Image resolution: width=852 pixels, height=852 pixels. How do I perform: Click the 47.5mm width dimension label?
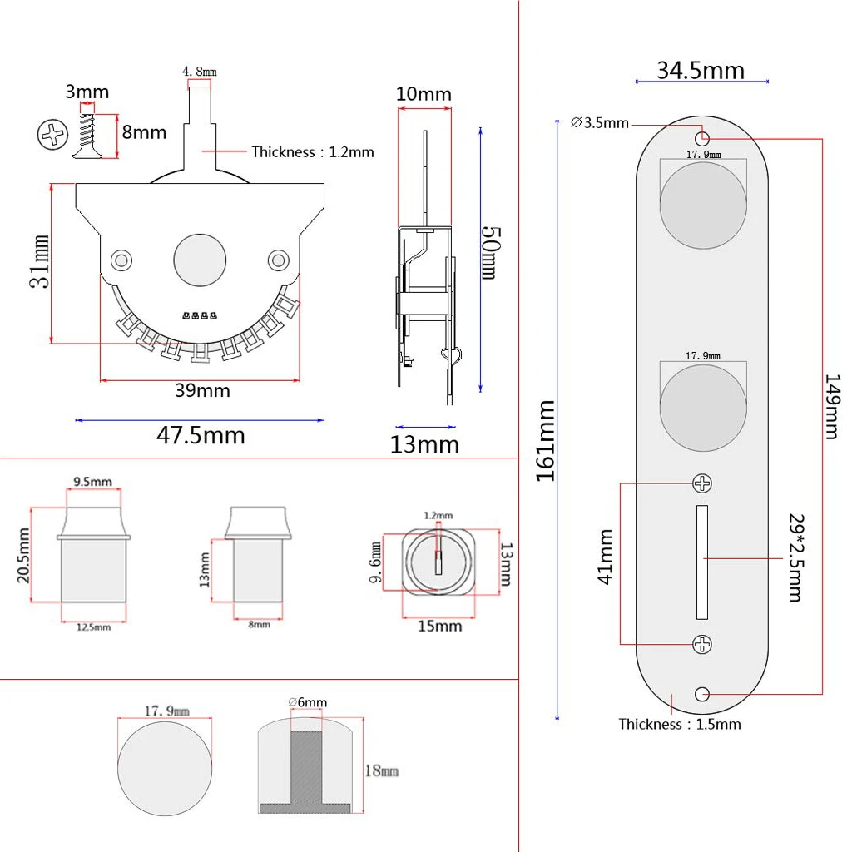pos(201,434)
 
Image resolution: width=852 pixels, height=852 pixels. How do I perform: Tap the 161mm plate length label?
pos(546,440)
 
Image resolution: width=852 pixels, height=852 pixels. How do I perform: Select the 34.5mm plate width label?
pos(701,70)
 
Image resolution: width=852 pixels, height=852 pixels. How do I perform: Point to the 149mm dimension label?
pos(831,406)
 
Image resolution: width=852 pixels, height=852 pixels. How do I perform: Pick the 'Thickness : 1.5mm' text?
pos(679,724)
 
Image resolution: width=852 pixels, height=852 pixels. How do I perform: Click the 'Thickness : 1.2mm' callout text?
pos(313,151)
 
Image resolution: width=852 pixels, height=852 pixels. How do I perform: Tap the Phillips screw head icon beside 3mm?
pos(51,133)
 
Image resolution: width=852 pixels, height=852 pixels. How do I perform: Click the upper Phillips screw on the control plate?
pos(703,483)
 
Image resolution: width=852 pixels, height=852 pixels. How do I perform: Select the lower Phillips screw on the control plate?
pos(703,643)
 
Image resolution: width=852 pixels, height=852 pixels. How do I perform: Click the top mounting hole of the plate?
pos(703,137)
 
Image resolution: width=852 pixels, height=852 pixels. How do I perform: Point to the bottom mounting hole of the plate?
pos(703,692)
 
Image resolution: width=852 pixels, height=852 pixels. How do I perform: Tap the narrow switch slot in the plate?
pos(702,562)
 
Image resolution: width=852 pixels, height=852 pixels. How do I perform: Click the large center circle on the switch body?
pos(200,260)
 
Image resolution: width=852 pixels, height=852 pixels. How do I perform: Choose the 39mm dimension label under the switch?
pos(202,390)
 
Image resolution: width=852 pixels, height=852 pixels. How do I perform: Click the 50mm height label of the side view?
pos(488,253)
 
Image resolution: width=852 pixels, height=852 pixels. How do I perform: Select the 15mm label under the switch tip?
pos(438,625)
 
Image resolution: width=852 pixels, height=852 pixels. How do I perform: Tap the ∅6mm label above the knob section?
pos(308,702)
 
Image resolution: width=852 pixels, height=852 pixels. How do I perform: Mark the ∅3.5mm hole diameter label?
pos(600,123)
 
